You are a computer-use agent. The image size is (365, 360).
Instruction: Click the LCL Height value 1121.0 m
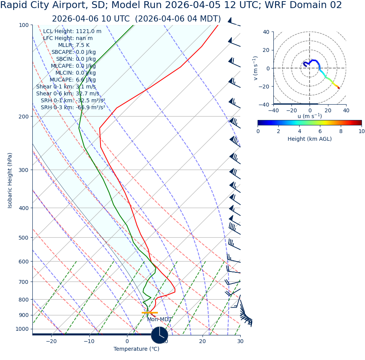[89, 32]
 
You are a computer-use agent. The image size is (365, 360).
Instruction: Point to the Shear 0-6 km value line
[67, 94]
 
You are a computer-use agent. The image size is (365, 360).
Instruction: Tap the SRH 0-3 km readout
[73, 108]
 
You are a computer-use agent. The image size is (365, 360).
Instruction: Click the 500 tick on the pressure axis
[24, 238]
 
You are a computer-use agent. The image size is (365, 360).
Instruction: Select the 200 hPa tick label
[24, 117]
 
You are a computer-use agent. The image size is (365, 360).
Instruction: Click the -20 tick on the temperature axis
[51, 341]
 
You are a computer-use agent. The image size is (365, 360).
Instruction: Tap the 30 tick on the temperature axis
[240, 341]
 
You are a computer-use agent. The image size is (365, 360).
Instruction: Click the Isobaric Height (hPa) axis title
[10, 180]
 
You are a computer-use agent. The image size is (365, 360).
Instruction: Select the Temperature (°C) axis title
[136, 349]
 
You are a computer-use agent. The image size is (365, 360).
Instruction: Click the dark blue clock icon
[159, 335]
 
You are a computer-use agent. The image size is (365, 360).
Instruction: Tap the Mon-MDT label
[159, 320]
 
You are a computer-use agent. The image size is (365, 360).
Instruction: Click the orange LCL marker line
[149, 313]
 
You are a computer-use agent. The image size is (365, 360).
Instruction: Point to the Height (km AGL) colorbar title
[310, 139]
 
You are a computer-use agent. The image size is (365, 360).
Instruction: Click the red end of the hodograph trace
[339, 88]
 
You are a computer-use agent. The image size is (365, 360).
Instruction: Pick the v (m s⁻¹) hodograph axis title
[255, 68]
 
